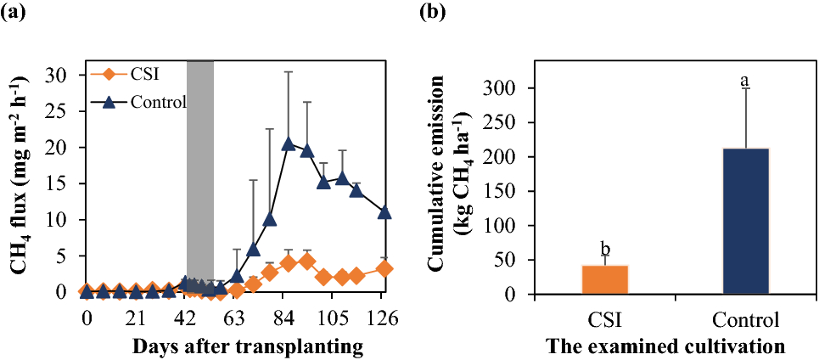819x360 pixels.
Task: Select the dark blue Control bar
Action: [x=746, y=222]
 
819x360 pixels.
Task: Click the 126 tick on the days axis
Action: [x=384, y=318]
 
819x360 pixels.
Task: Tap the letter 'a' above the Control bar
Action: [x=745, y=81]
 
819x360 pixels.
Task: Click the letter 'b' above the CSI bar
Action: [x=605, y=249]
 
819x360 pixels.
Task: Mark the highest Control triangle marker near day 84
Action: [x=289, y=143]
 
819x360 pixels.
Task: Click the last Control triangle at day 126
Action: [x=384, y=212]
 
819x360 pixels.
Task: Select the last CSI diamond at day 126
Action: [x=384, y=268]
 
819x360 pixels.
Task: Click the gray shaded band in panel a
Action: [x=200, y=170]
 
